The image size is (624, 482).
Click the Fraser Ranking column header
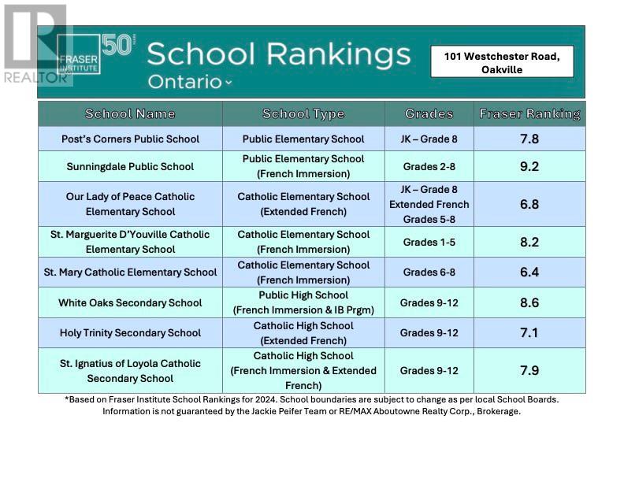pos(529,113)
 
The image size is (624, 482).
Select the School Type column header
pos(303,113)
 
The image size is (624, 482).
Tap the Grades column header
pos(429,113)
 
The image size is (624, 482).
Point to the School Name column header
pos(130,113)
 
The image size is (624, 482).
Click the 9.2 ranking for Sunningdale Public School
pos(529,166)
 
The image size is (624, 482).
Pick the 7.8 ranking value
pos(529,139)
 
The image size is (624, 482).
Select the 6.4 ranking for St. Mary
pos(529,273)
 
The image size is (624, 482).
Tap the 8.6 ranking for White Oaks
pos(529,302)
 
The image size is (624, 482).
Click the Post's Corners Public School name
pos(130,139)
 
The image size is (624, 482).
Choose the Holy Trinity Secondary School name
pos(130,332)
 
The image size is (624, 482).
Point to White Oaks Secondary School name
pos(130,302)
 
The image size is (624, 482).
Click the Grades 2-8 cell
pos(429,166)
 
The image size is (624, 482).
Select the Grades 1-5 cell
pos(429,242)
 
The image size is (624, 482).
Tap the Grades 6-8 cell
pos(429,273)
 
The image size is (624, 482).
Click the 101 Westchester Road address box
pos(502,62)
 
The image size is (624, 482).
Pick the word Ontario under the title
pos(185,81)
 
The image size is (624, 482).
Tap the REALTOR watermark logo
pos(35,43)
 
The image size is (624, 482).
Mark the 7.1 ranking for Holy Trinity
pos(529,332)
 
